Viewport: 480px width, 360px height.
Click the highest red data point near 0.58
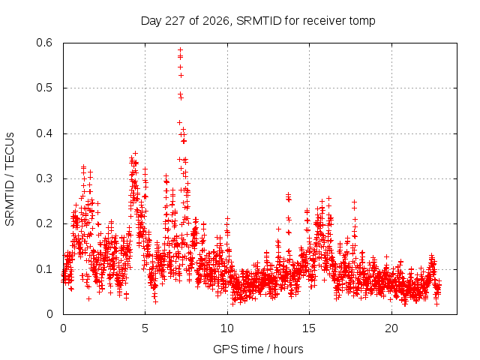click(180, 49)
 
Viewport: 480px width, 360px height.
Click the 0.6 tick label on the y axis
click(44, 43)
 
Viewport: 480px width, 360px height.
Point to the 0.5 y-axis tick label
click(44, 88)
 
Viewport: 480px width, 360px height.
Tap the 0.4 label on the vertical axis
click(44, 133)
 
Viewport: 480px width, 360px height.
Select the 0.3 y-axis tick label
click(44, 178)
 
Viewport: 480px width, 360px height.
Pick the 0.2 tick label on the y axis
click(44, 223)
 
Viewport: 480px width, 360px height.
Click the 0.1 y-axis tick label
click(44, 269)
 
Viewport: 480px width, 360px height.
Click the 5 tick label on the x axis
click(145, 328)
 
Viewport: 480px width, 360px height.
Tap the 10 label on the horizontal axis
click(227, 328)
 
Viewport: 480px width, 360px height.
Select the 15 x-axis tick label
click(309, 328)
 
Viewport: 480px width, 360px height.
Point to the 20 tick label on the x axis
click(391, 328)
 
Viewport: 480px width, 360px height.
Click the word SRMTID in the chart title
click(259, 21)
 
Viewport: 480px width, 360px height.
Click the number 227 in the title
click(175, 21)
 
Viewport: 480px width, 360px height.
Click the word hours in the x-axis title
click(288, 349)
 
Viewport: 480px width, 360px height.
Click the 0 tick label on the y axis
click(49, 314)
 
